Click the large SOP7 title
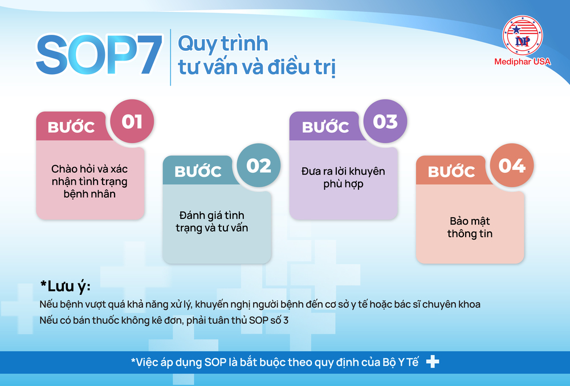98,55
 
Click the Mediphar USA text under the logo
522,62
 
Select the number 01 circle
132,122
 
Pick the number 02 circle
258,165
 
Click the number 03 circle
385,121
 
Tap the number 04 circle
511,165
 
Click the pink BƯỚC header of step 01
71,127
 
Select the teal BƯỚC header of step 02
198,171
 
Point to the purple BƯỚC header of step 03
325,127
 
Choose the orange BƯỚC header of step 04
451,171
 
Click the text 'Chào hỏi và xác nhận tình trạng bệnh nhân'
89,181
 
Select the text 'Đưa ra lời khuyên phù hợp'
343,177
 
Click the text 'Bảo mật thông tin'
470,227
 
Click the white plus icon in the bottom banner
433,361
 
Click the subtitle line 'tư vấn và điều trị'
256,67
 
